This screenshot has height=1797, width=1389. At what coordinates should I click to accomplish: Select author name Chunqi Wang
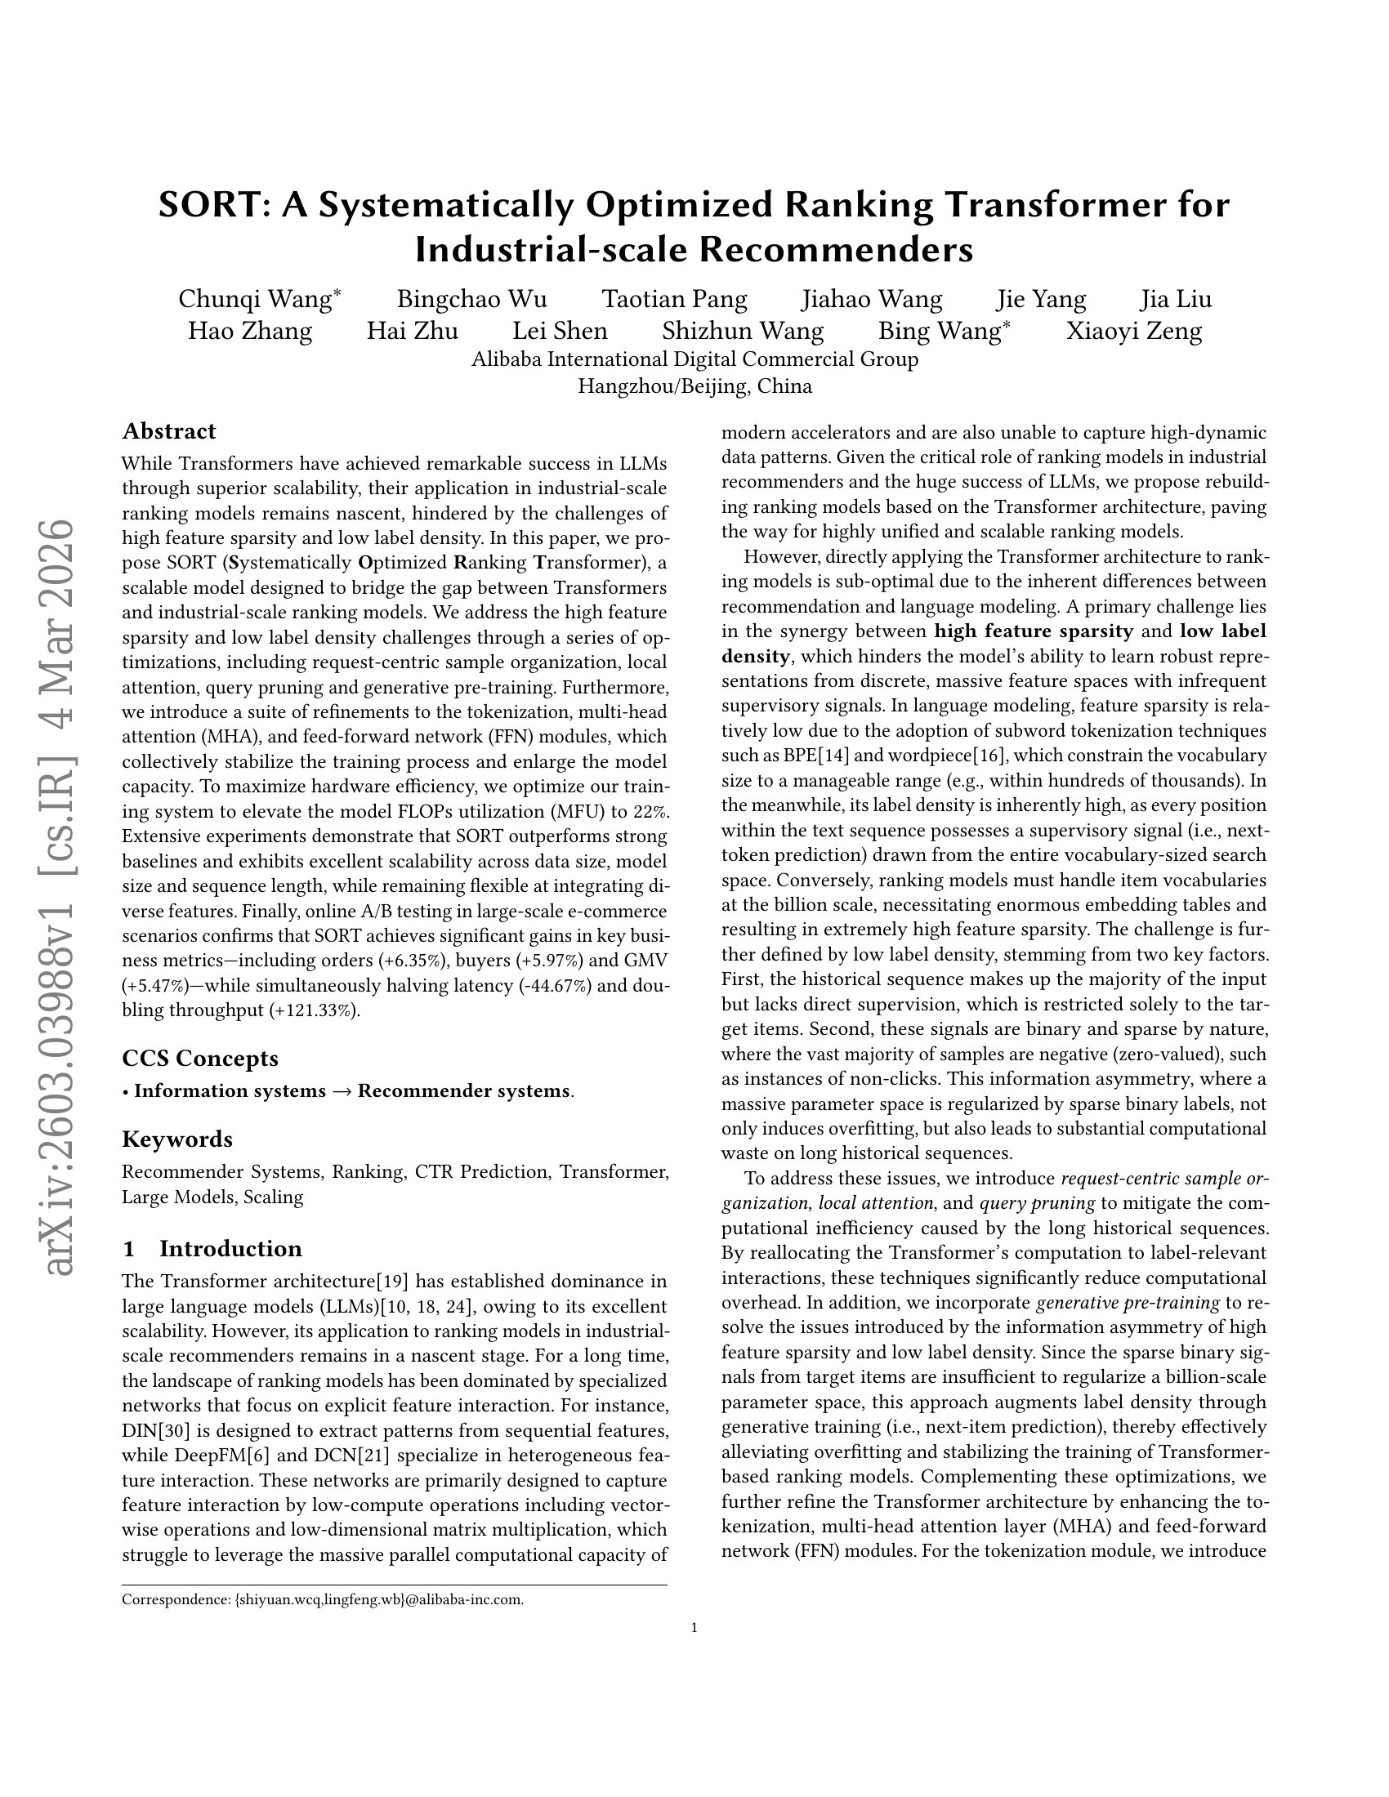tap(254, 300)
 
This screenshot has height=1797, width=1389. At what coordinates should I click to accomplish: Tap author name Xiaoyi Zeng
tap(1134, 332)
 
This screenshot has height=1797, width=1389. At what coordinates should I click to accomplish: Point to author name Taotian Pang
tap(675, 300)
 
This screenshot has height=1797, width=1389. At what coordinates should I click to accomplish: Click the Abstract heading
tap(168, 431)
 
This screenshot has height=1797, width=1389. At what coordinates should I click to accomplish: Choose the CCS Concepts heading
tap(200, 1058)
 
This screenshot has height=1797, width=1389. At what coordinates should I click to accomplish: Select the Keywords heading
tap(177, 1139)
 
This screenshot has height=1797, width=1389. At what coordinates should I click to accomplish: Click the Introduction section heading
tap(230, 1249)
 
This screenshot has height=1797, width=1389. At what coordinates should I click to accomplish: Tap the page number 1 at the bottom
tap(694, 1626)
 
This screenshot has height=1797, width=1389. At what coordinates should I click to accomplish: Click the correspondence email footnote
tap(323, 1599)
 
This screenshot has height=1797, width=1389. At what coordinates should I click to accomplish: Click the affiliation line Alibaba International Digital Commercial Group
tap(694, 359)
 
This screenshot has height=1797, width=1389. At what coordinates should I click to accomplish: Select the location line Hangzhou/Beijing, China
tap(694, 386)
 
